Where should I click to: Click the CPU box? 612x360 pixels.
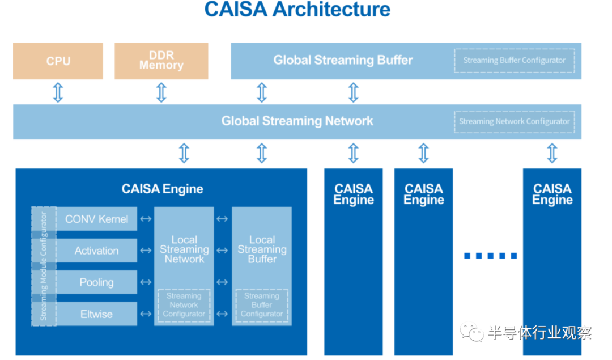pos(58,61)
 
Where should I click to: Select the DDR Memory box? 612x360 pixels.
pos(161,61)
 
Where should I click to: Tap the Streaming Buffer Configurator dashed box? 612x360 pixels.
pos(515,61)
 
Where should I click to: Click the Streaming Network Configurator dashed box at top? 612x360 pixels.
pos(515,122)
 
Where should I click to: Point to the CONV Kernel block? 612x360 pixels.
pos(96,219)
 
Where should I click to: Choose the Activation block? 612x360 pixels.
pos(96,251)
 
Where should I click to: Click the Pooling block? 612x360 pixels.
pos(96,282)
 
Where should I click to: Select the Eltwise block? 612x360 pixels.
pos(96,314)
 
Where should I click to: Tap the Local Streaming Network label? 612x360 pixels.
pos(184,249)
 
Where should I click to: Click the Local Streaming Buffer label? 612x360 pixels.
pos(262,249)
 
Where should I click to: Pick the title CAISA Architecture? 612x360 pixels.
pos(297,10)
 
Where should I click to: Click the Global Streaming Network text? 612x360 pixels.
pos(297,121)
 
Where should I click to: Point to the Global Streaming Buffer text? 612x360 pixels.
pos(343,60)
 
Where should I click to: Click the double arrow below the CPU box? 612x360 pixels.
pos(58,92)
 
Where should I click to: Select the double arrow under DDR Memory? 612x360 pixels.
pos(161,92)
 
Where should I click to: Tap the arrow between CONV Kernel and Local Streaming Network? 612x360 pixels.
pos(146,219)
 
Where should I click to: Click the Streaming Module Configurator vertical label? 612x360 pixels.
pos(43,266)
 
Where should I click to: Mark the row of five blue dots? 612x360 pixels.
pos(491,256)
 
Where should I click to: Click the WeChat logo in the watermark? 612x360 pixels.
pos(472,332)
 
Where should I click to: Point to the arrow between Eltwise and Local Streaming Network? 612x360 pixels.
pos(146,314)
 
